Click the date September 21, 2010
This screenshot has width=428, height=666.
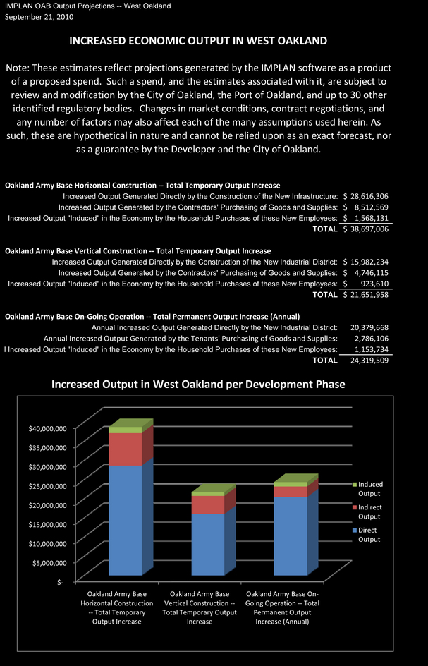pyautogui.click(x=39, y=17)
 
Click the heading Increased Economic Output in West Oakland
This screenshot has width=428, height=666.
pyautogui.click(x=198, y=41)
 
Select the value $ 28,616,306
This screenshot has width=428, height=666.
pyautogui.click(x=365, y=196)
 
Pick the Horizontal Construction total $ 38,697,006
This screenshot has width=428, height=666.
pyautogui.click(x=365, y=229)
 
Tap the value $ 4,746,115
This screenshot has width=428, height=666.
pyautogui.click(x=365, y=273)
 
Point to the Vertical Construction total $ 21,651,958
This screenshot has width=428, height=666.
pyautogui.click(x=365, y=295)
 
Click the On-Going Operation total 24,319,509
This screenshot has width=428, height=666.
pyautogui.click(x=369, y=361)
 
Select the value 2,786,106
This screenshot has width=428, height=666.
pyautogui.click(x=371, y=339)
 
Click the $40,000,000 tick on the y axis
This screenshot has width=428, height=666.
pyautogui.click(x=47, y=428)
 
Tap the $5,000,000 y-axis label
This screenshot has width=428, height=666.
pyautogui.click(x=49, y=563)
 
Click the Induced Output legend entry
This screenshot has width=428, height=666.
pyautogui.click(x=367, y=489)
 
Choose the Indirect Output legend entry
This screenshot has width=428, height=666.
pyautogui.click(x=367, y=511)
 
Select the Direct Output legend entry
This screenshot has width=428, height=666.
pyautogui.click(x=367, y=535)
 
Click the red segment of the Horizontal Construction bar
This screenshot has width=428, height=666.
pyautogui.click(x=126, y=449)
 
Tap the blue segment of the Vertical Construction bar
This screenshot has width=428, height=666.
pyautogui.click(x=208, y=545)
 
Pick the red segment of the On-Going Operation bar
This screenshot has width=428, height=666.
pyautogui.click(x=291, y=492)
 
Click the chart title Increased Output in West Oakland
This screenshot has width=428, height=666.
pyautogui.click(x=198, y=385)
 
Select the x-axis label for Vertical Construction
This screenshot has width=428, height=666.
pyautogui.click(x=200, y=607)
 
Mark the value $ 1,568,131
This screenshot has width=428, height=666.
pyautogui.click(x=365, y=218)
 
